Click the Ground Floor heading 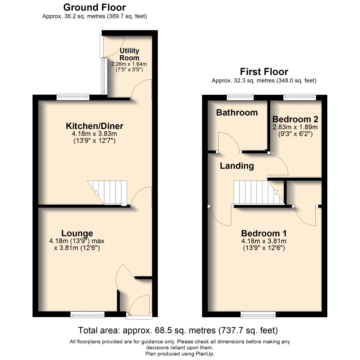point(94,7)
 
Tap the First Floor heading point(264,72)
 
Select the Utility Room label point(129,54)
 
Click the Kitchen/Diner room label point(95,126)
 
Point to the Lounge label point(77,233)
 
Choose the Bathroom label point(237,113)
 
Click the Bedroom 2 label point(295,119)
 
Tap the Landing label point(237,166)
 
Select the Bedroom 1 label point(264,233)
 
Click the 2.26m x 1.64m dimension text point(129,64)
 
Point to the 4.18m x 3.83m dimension point(95,134)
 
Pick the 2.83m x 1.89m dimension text point(295,127)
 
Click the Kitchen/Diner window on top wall point(73,97)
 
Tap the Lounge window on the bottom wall point(87,314)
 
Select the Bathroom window point(240,97)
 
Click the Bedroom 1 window point(258,314)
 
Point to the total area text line point(178,331)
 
